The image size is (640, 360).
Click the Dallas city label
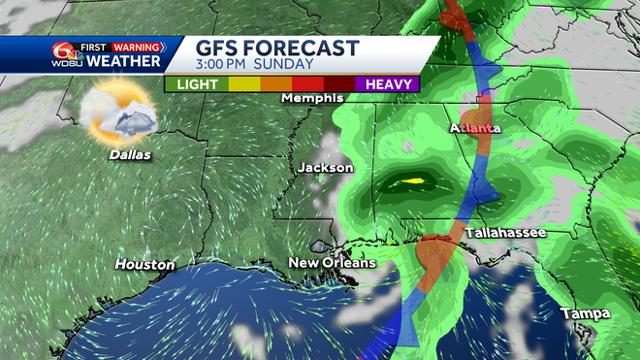pos(122,153)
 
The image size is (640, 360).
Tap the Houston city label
pos(144,264)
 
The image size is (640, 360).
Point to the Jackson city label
pos(326,168)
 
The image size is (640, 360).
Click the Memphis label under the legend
pos(312,99)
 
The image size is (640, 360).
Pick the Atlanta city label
pos(475,128)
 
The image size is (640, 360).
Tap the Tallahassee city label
pos(505,234)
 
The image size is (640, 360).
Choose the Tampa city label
pos(585,313)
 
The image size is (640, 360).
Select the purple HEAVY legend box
pos(387,84)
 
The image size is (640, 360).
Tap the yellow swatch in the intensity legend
pos(242,84)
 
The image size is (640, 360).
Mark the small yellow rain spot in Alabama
pos(413,180)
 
